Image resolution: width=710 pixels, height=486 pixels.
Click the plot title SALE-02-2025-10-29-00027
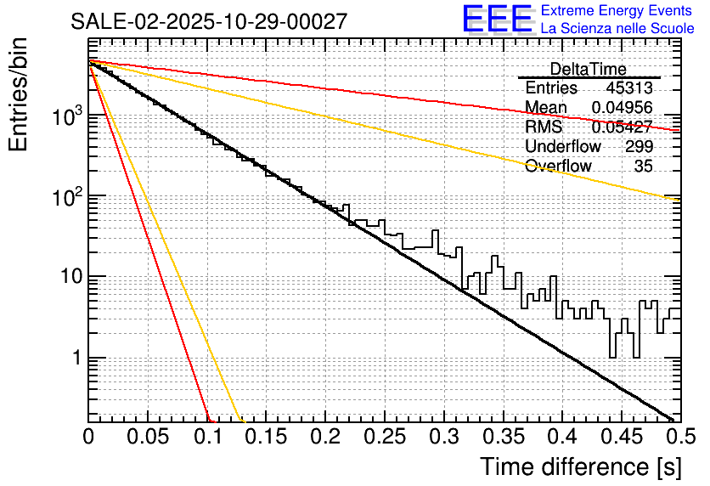click(208, 21)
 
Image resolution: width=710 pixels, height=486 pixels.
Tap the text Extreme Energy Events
click(617, 11)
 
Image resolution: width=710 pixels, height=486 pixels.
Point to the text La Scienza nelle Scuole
click(617, 28)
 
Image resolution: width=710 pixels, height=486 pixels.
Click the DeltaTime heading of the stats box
click(588, 69)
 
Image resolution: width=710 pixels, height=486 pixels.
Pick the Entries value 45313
click(629, 88)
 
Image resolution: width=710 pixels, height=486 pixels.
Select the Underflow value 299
click(639, 146)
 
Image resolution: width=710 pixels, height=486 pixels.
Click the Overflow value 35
click(643, 166)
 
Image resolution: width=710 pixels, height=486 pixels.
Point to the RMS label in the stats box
click(544, 127)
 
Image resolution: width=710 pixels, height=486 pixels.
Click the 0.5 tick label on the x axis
click(678, 438)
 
